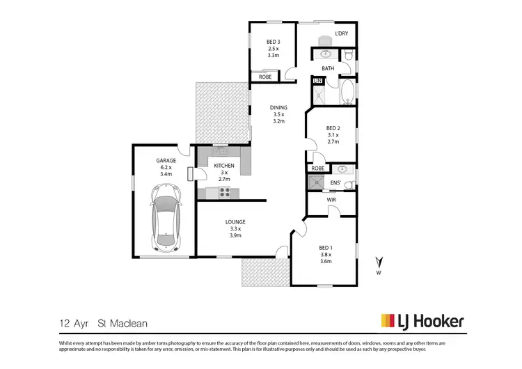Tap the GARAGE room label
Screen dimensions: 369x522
[166, 160]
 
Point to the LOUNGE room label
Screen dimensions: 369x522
[235, 222]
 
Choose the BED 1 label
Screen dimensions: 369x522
[326, 248]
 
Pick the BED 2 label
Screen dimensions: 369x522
[333, 128]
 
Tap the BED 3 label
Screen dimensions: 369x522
[273, 42]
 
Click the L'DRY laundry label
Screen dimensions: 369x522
[341, 33]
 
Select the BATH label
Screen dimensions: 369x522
[328, 68]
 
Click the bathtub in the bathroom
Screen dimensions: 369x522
[347, 91]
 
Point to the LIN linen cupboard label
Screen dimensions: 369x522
[318, 81]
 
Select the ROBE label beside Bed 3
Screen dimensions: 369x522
[265, 77]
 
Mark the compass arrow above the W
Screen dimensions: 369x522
[379, 262]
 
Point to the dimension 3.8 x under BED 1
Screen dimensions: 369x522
[326, 255]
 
